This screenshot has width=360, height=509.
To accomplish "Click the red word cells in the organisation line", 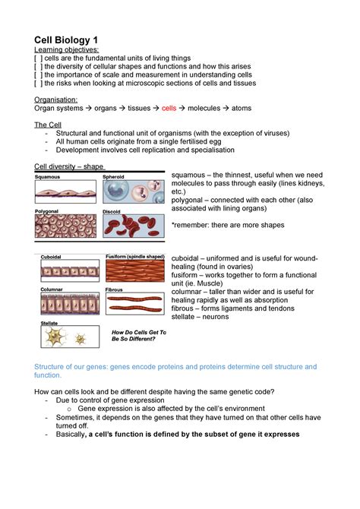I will (x=169, y=109).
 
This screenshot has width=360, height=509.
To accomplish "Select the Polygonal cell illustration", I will (x=65, y=227).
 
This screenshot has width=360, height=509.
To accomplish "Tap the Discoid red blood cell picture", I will (x=134, y=227).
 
